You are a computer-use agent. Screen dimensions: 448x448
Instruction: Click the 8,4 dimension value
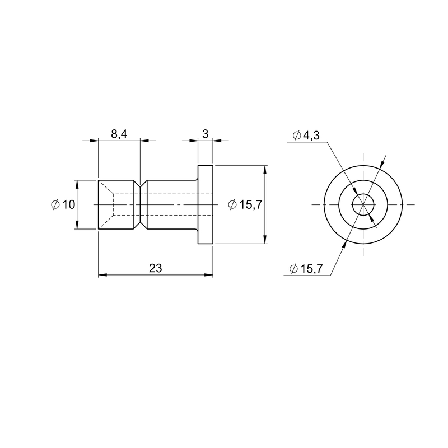pos(119,134)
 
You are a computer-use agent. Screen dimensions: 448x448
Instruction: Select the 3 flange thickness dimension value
pos(205,134)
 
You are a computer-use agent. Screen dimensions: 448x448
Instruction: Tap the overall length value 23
pos(156,268)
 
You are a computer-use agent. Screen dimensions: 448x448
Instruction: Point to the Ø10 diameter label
pos(63,204)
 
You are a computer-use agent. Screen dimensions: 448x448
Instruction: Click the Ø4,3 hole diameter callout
pos(306,136)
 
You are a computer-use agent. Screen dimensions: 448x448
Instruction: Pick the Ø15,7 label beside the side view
pos(245,204)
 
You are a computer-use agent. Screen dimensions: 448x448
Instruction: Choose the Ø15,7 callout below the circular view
pos(306,269)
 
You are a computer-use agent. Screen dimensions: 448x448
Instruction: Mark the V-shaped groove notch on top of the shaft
pos(140,184)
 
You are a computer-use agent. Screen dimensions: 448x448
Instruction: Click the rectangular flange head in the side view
pos(206,204)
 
